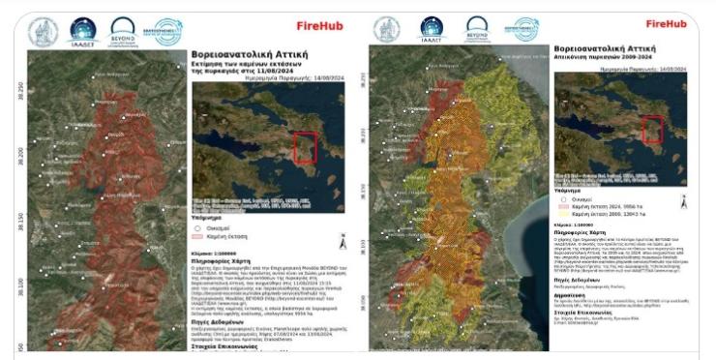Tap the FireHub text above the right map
tap(666, 23)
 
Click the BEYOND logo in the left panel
tap(122, 30)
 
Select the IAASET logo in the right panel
tap(432, 30)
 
